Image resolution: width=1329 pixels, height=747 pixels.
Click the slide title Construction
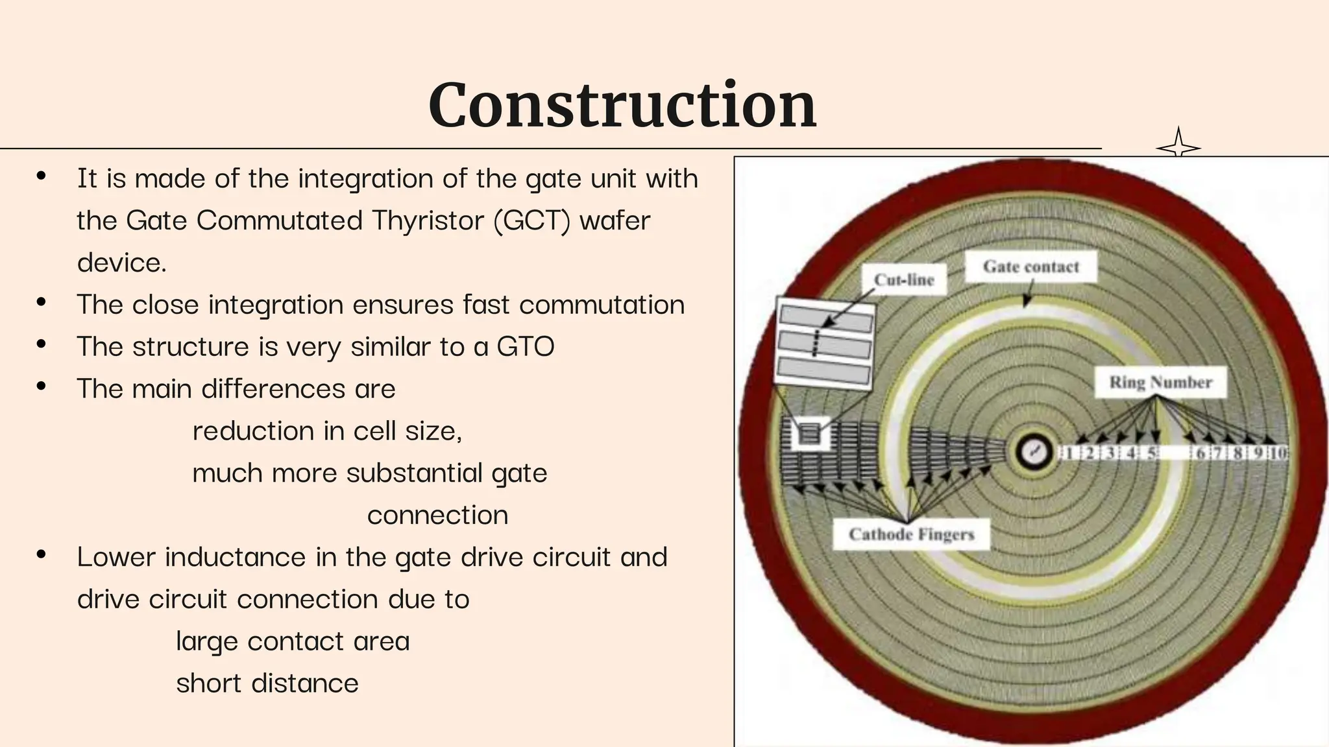click(622, 105)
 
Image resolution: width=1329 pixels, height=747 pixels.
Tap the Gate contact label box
click(1030, 267)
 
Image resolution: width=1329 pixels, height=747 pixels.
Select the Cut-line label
click(903, 279)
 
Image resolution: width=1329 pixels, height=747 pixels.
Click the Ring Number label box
click(1160, 382)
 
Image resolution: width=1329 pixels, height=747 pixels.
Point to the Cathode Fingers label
click(911, 534)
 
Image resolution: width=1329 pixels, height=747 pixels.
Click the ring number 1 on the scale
click(1069, 453)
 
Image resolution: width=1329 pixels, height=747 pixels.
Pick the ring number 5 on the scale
click(1152, 453)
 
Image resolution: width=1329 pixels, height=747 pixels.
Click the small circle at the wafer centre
click(1032, 452)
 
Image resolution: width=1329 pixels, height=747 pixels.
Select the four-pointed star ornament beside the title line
click(1178, 146)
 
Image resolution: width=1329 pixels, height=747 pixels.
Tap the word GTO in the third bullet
click(526, 346)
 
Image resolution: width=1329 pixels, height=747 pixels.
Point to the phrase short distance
click(267, 683)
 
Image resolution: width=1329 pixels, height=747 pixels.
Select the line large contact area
click(293, 641)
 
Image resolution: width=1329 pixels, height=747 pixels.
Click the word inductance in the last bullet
click(235, 557)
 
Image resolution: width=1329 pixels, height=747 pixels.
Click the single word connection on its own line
click(437, 516)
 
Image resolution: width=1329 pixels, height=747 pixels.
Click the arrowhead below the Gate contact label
click(1027, 301)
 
